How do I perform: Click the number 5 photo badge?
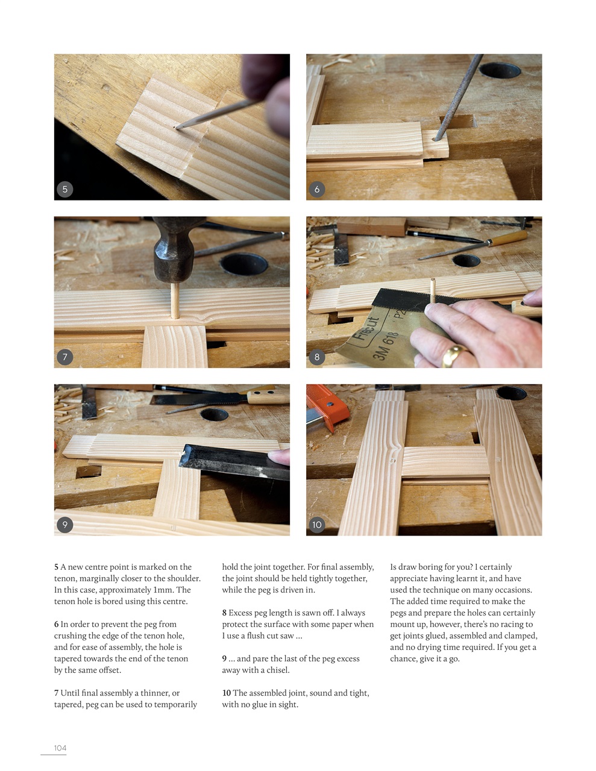[65, 189]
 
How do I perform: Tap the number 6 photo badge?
[317, 189]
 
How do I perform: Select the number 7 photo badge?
[65, 357]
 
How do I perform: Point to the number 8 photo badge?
[317, 357]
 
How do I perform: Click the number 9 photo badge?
[65, 524]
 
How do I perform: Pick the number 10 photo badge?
[317, 524]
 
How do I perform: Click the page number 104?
[60, 748]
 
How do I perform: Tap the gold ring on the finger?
[454, 355]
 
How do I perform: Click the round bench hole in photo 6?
[500, 70]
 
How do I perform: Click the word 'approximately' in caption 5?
[125, 590]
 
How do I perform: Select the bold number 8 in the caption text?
[224, 613]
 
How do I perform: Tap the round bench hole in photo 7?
[244, 263]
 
